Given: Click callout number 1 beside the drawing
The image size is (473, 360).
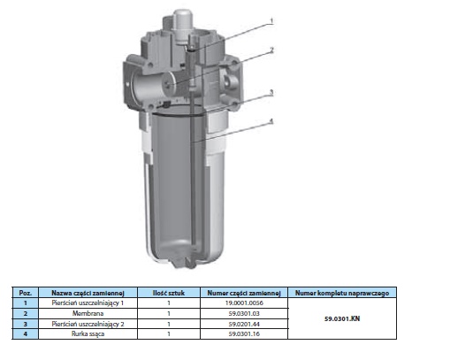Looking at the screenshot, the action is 271,21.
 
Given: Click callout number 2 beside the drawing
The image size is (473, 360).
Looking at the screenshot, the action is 271,50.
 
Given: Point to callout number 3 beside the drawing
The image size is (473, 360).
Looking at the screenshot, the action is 271,92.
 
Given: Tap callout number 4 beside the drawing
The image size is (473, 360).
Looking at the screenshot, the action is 271,121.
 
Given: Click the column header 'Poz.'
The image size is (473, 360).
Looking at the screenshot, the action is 26,293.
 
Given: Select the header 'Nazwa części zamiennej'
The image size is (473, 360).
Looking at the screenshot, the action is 88,293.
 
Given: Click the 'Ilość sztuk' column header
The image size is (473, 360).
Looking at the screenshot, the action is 169,293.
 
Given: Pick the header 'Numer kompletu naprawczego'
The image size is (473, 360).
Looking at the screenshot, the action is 342,293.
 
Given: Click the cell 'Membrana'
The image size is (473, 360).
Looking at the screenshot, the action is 88,313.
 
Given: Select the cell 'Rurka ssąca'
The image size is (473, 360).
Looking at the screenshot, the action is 88,333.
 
